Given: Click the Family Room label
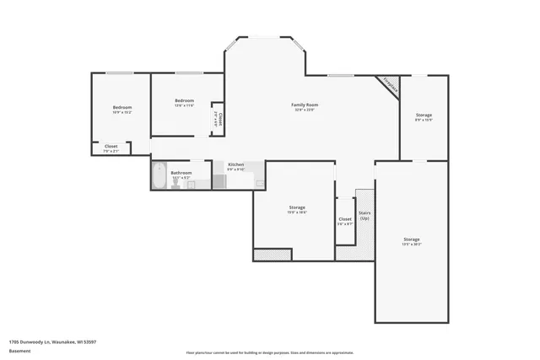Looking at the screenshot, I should coord(304,105).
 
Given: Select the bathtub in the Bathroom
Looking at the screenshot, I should coord(159,175).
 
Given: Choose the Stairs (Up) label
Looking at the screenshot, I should coord(364,215).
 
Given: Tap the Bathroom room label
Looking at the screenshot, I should coord(182,172).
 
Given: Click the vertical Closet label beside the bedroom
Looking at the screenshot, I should coord(219,119).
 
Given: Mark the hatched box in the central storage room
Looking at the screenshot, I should coord(272,254).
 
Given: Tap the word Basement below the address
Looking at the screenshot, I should coord(18,350).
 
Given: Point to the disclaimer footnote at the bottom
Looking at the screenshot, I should coord(269,352).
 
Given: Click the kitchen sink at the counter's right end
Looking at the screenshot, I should coord(261,182).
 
